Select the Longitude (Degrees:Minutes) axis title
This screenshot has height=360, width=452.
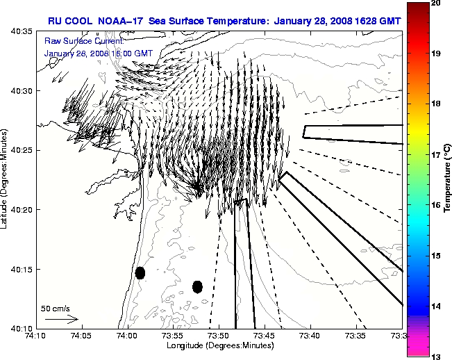[218, 345]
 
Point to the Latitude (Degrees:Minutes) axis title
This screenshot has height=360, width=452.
[6, 179]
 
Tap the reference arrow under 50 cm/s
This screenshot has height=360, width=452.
[61, 319]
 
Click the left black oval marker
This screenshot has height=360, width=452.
[140, 272]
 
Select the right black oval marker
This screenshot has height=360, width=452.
[197, 286]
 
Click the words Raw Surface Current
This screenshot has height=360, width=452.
[74, 41]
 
